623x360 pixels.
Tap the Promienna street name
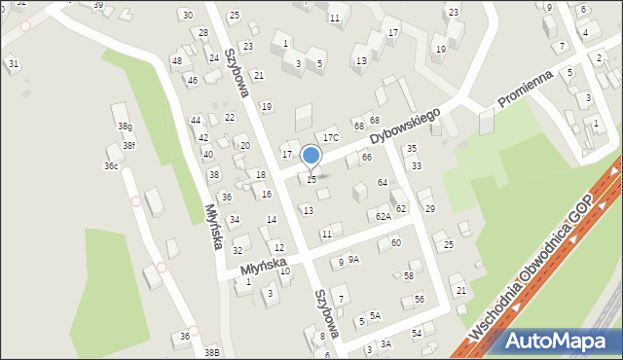point(526,88)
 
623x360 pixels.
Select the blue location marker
point(311,156)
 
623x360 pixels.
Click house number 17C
point(331,138)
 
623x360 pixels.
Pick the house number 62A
point(383,216)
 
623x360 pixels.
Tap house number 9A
point(353,260)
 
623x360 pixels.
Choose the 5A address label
point(374,316)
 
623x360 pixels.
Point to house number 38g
point(125,126)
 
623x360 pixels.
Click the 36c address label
point(111,166)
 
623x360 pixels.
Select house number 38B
point(211,352)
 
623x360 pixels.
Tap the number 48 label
point(176,61)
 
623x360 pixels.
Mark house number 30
point(187,16)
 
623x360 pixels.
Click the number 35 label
point(412,149)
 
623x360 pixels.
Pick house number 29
point(429,209)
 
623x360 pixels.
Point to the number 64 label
point(383,183)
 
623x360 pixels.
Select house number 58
point(409,276)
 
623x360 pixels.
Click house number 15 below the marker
point(311,180)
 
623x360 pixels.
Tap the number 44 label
point(196,121)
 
